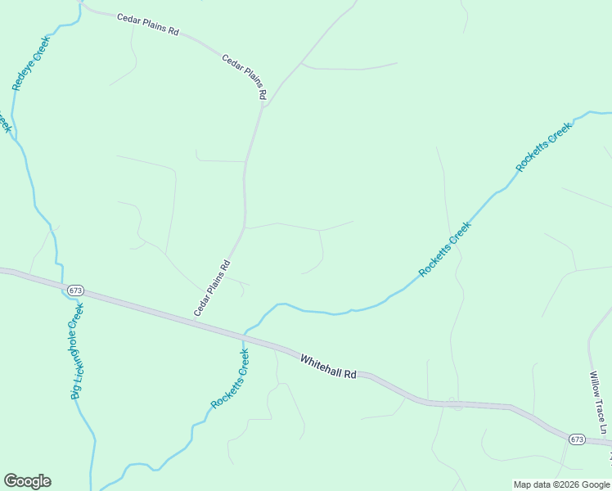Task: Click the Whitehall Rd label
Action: (328, 367)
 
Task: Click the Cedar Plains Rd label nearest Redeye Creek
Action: (147, 24)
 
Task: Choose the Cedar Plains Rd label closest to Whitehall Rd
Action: (213, 288)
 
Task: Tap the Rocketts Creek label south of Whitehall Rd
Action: (230, 379)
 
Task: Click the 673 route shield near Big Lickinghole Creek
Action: (76, 291)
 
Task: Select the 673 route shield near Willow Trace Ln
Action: (577, 439)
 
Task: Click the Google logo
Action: (27, 481)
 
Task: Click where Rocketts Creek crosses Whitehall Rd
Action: (245, 335)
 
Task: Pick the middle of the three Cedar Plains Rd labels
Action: (245, 77)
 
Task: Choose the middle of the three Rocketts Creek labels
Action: (445, 249)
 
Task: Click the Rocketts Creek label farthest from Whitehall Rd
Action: (543, 147)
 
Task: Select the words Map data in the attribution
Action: (530, 484)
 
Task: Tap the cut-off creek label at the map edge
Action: (5, 123)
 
